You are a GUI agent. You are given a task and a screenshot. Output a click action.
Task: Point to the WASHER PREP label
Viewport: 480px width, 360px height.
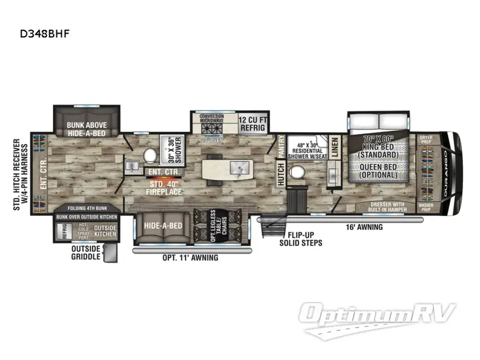coord(426,208)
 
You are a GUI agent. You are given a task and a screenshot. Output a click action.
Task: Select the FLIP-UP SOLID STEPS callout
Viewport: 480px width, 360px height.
coord(297,238)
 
